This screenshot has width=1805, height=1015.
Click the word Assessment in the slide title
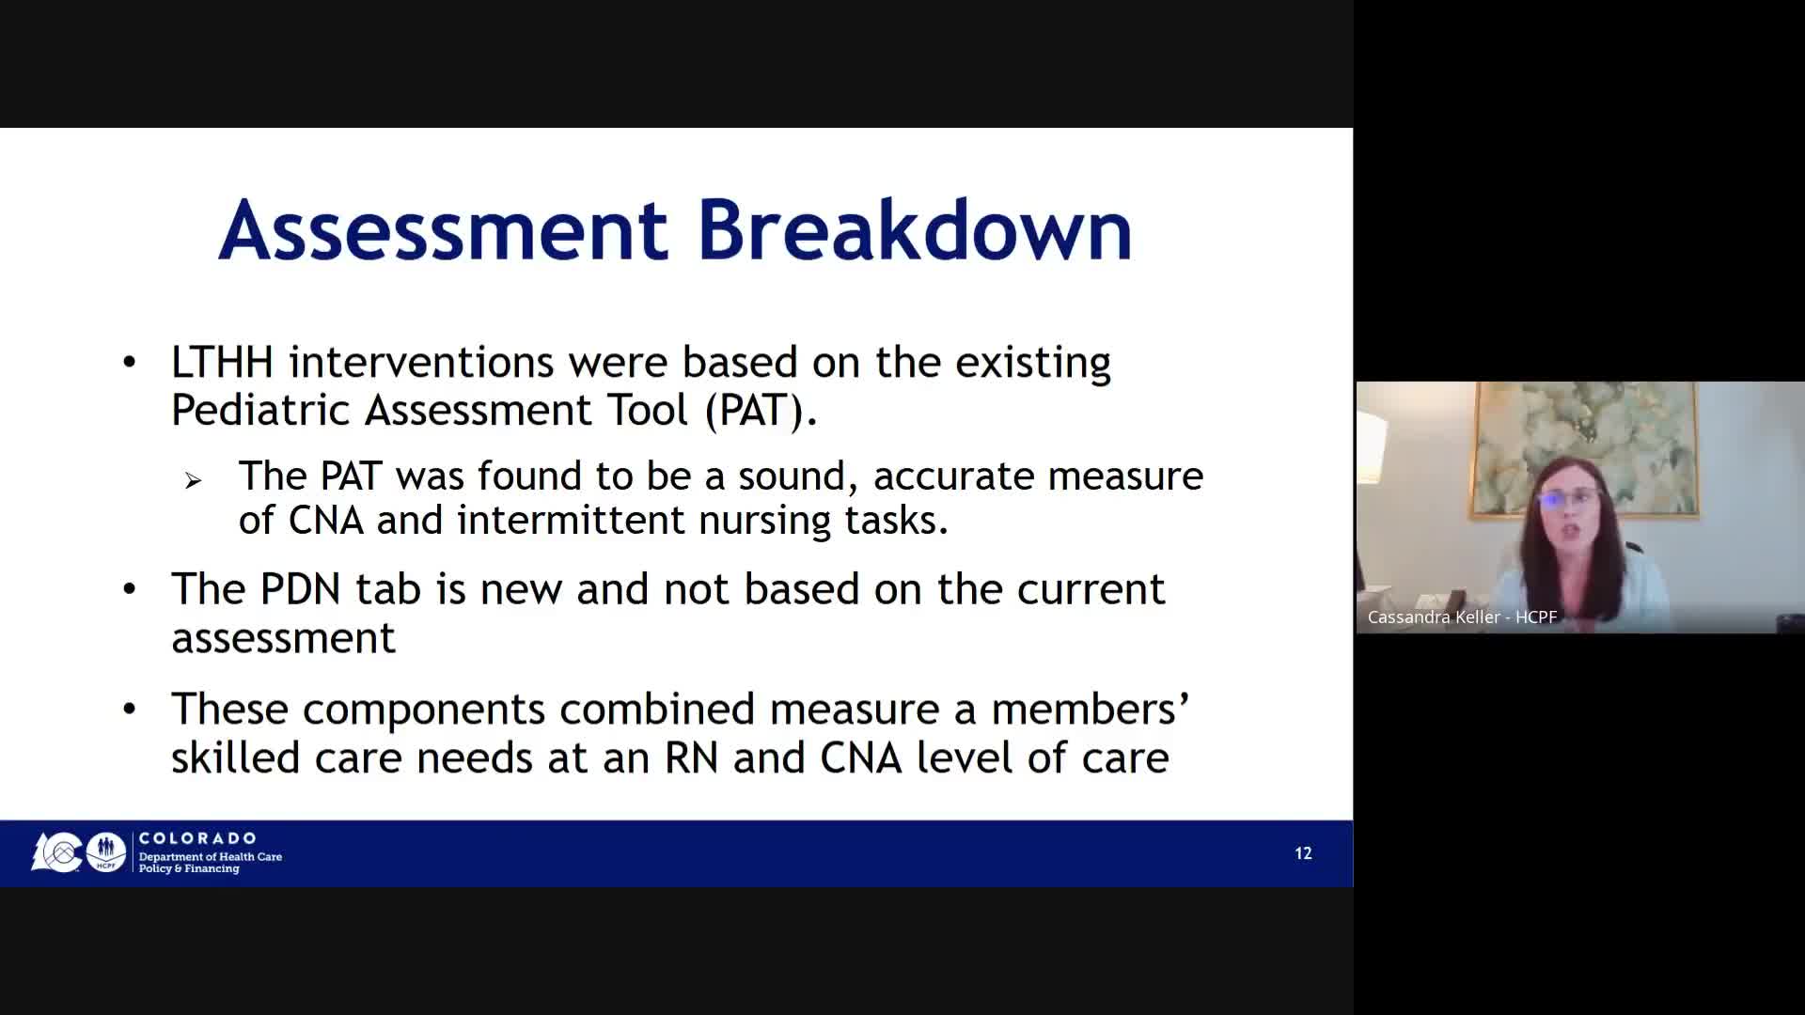443,230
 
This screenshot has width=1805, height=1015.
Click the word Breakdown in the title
915,230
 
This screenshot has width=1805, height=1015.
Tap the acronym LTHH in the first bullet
222,362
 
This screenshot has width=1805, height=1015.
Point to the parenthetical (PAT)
761,411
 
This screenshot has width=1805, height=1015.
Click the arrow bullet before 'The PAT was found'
193,481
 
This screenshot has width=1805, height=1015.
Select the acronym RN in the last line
691,758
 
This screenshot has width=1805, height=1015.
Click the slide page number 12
1303,853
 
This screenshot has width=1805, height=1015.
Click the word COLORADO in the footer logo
197,838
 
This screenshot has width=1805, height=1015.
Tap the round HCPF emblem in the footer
106,852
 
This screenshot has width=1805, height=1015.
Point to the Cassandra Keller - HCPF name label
1462,617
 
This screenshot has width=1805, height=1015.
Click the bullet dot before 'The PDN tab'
130,589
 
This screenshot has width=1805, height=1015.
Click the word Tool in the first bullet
647,410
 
